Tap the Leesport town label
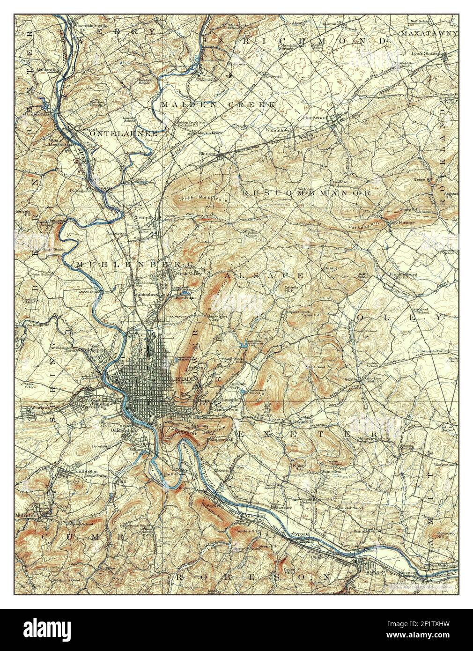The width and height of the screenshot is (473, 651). pos(87,127)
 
